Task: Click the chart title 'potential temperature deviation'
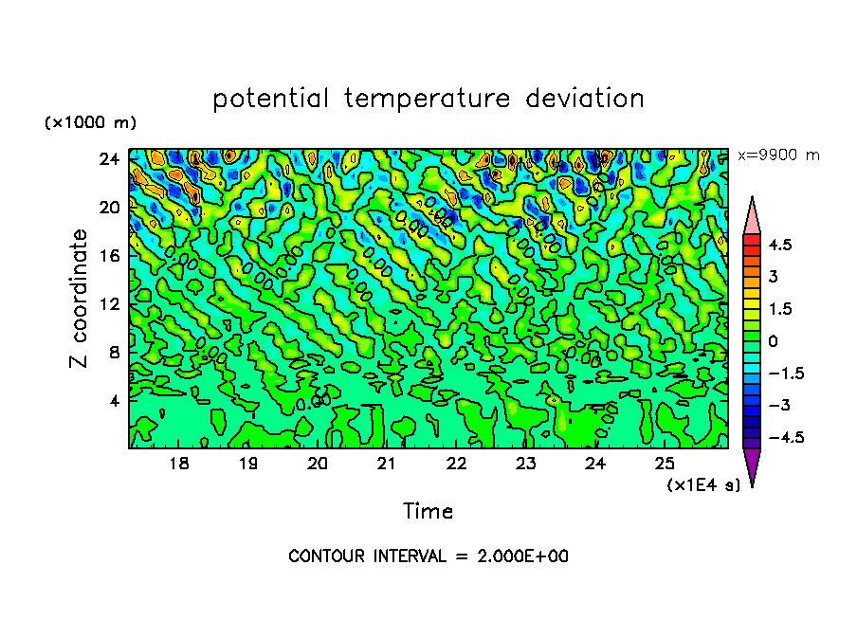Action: pyautogui.click(x=428, y=99)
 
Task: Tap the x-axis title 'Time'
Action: pyautogui.click(x=428, y=512)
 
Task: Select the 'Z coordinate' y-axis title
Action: pyautogui.click(x=80, y=299)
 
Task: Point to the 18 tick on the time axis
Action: pyautogui.click(x=178, y=464)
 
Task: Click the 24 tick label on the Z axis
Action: pyautogui.click(x=111, y=159)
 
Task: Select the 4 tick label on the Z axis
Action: pyautogui.click(x=115, y=400)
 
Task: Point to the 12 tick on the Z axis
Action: pyautogui.click(x=111, y=304)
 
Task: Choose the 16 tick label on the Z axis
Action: pyautogui.click(x=111, y=256)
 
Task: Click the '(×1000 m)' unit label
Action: pyautogui.click(x=90, y=123)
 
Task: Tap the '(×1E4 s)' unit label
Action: pyautogui.click(x=703, y=484)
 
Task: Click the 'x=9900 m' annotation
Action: pyautogui.click(x=778, y=155)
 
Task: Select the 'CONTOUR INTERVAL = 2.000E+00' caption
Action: pyautogui.click(x=428, y=556)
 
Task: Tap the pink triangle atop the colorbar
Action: pyautogui.click(x=752, y=213)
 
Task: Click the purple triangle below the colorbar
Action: pyautogui.click(x=752, y=466)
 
